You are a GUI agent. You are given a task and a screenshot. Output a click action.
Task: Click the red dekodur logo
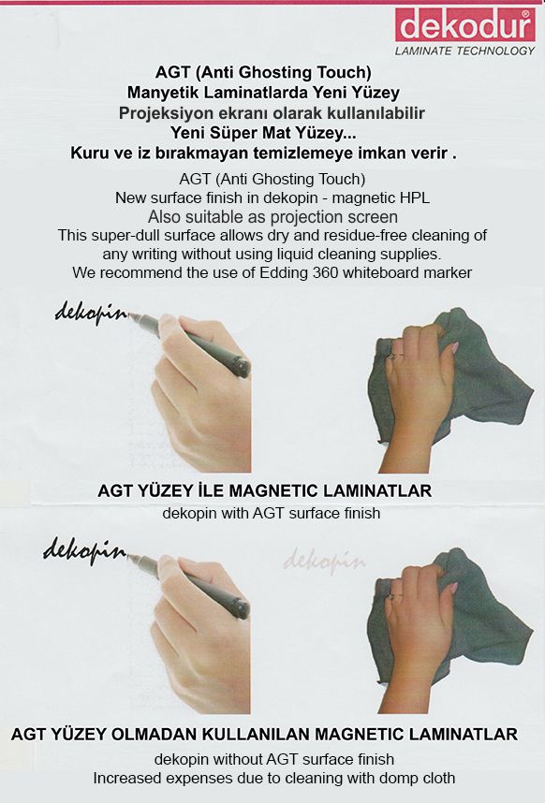[465, 24]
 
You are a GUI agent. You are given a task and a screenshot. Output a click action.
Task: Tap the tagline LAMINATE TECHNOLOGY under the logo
[465, 51]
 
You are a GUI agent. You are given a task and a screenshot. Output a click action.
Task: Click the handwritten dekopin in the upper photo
[91, 313]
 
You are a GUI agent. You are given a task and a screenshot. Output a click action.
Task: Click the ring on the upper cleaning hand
[394, 355]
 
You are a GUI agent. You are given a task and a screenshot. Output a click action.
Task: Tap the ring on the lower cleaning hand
[393, 595]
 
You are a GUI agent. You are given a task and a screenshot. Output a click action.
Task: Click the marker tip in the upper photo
[130, 316]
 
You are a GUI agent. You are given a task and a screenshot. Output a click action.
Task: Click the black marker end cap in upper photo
[241, 365]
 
